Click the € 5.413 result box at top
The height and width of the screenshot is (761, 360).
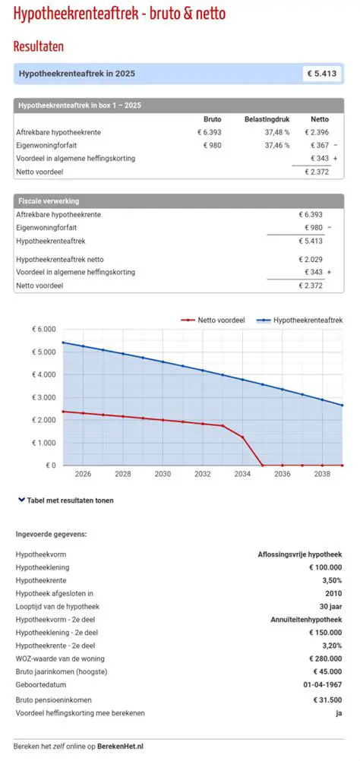point(322,74)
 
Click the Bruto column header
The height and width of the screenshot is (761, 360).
point(213,119)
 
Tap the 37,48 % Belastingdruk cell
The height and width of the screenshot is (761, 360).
point(277,132)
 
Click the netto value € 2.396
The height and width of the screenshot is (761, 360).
point(316,132)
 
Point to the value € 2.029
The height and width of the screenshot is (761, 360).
point(311,259)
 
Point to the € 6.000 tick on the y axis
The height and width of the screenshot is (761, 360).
point(43,330)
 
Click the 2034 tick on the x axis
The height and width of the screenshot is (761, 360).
point(242,474)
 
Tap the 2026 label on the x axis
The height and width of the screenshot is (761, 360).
point(83,474)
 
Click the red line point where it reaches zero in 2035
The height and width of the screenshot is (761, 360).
point(262,465)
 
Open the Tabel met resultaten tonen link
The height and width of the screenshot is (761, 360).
point(69,500)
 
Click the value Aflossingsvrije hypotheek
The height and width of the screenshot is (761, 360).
point(300,554)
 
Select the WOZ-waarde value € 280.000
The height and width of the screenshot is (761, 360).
point(325,658)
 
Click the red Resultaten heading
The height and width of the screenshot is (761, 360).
point(39,46)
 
